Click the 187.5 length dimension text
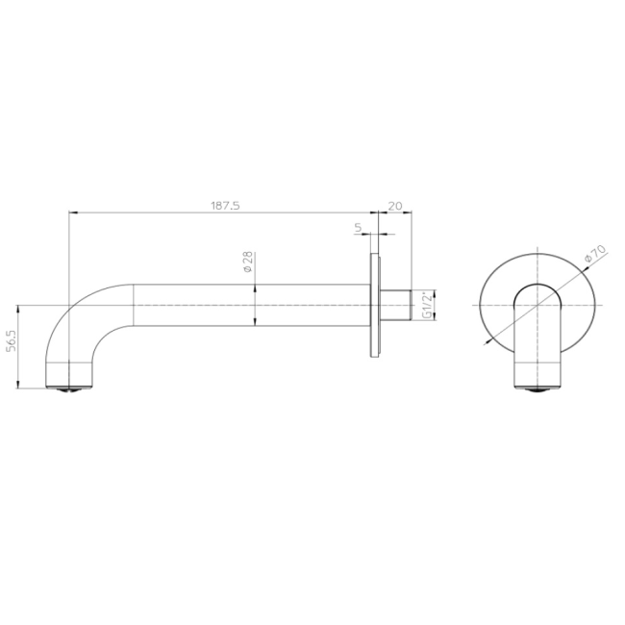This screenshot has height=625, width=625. coord(225,206)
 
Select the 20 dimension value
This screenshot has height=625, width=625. coord(395,206)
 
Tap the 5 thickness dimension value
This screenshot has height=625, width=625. coord(358,228)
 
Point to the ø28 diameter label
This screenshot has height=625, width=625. coord(247,262)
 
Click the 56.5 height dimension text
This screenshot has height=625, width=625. coord(12,340)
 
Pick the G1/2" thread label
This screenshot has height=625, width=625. coord(427,306)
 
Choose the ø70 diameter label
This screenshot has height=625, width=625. coord(595,253)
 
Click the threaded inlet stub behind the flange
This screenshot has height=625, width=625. coord(395,306)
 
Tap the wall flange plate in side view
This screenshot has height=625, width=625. coord(375,306)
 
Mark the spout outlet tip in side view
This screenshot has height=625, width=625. coord(70,388)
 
